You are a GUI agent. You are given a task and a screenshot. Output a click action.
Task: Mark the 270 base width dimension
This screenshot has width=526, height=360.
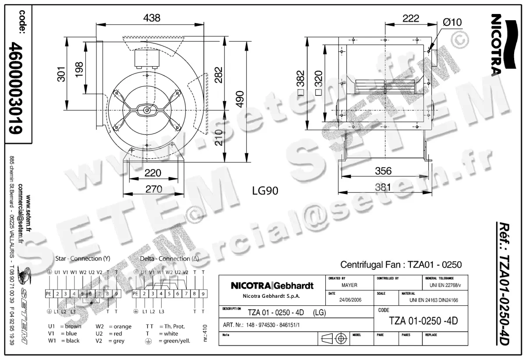(x=153, y=189)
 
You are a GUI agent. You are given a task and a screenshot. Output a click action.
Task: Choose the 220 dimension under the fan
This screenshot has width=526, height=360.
(x=153, y=173)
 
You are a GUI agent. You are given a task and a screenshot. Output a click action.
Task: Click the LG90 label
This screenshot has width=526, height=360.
(x=265, y=191)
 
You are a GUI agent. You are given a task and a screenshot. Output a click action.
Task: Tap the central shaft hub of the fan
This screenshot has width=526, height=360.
(x=146, y=110)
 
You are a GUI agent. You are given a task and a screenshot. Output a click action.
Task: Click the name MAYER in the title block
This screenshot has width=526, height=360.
(x=349, y=285)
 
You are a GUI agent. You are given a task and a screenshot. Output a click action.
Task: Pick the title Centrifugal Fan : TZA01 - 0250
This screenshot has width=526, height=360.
(x=401, y=265)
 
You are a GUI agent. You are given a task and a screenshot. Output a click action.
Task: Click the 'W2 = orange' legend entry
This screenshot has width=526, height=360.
(x=114, y=327)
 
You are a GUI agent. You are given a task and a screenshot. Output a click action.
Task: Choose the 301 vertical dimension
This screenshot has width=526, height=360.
(x=61, y=74)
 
